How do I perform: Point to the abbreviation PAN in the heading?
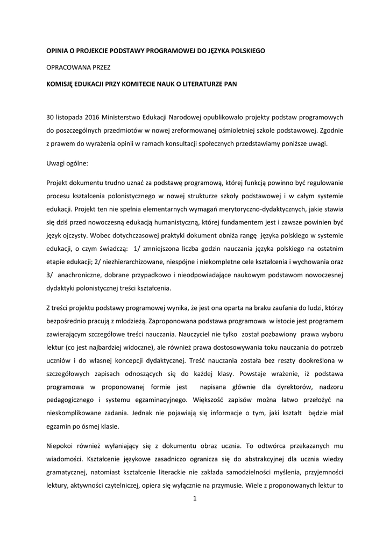click(x=230, y=84)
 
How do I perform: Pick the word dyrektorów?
click(x=281, y=386)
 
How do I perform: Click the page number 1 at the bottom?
click(x=195, y=498)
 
